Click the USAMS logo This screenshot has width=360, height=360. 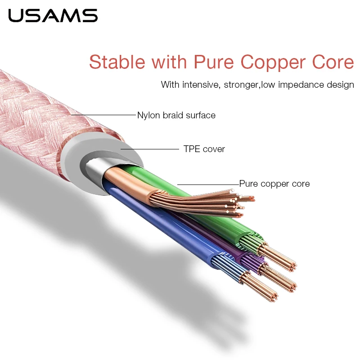pyautogui.click(x=53, y=15)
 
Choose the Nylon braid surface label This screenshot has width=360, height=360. pyautogui.click(x=176, y=115)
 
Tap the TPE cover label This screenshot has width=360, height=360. pyautogui.click(x=204, y=149)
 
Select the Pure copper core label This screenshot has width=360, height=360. pyautogui.click(x=274, y=184)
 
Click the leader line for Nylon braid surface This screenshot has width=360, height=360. pyautogui.click(x=103, y=115)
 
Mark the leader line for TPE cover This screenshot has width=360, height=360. pyautogui.click(x=151, y=149)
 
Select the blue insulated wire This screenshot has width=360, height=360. pyautogui.click(x=162, y=229)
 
